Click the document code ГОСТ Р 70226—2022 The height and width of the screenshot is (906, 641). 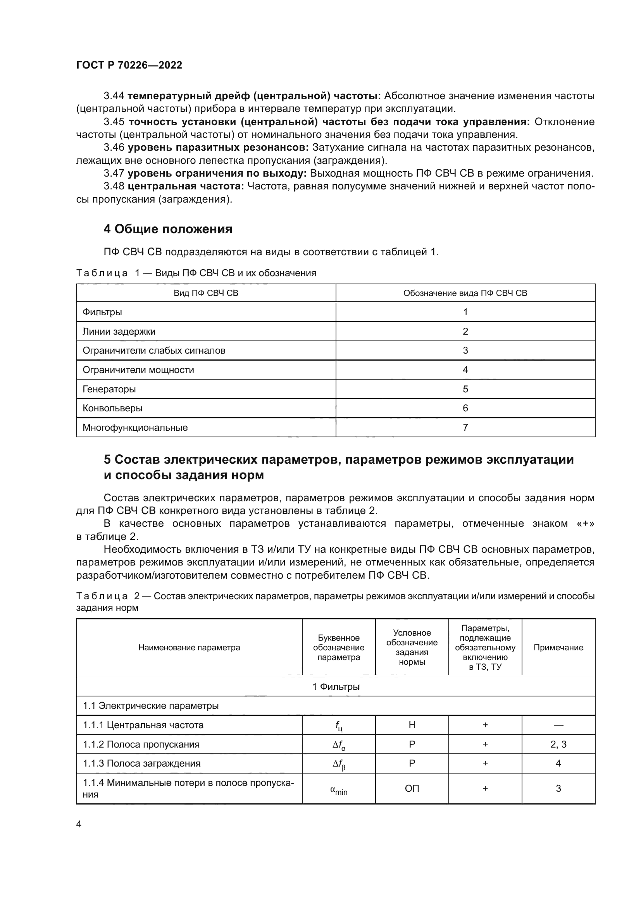point(129,65)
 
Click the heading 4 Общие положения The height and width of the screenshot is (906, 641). point(168,229)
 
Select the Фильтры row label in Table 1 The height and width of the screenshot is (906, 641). point(102,312)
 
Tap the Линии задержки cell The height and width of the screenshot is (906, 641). point(119,332)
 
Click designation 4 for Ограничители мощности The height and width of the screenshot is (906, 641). point(465,370)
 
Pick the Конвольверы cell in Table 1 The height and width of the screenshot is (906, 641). point(112,408)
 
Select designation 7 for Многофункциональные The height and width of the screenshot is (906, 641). point(465,427)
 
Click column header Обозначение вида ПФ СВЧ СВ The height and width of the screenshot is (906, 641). point(465,293)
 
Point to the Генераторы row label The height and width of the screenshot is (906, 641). point(109,389)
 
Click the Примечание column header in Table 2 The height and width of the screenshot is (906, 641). point(558,648)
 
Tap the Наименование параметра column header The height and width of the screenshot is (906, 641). point(189,648)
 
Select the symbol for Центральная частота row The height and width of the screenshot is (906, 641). point(338,725)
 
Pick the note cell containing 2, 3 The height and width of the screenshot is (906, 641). point(558,744)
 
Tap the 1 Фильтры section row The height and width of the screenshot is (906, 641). point(336,687)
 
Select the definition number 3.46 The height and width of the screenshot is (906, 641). point(114,148)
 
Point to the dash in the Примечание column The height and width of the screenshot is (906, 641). point(558,725)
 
